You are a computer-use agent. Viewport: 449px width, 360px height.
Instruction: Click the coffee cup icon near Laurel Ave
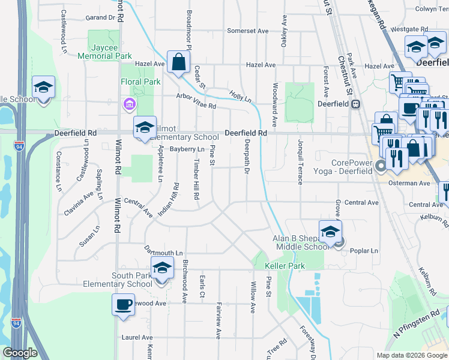[x=123, y=304]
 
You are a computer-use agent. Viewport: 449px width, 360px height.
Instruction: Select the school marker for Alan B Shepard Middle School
[x=330, y=232]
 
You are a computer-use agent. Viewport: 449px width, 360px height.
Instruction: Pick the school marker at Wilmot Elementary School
[x=145, y=127]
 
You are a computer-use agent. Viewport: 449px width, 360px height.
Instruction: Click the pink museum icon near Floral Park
[x=128, y=105]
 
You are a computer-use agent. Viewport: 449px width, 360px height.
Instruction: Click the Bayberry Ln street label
[x=187, y=149]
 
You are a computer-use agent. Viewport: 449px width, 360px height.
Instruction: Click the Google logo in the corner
[x=20, y=353]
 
